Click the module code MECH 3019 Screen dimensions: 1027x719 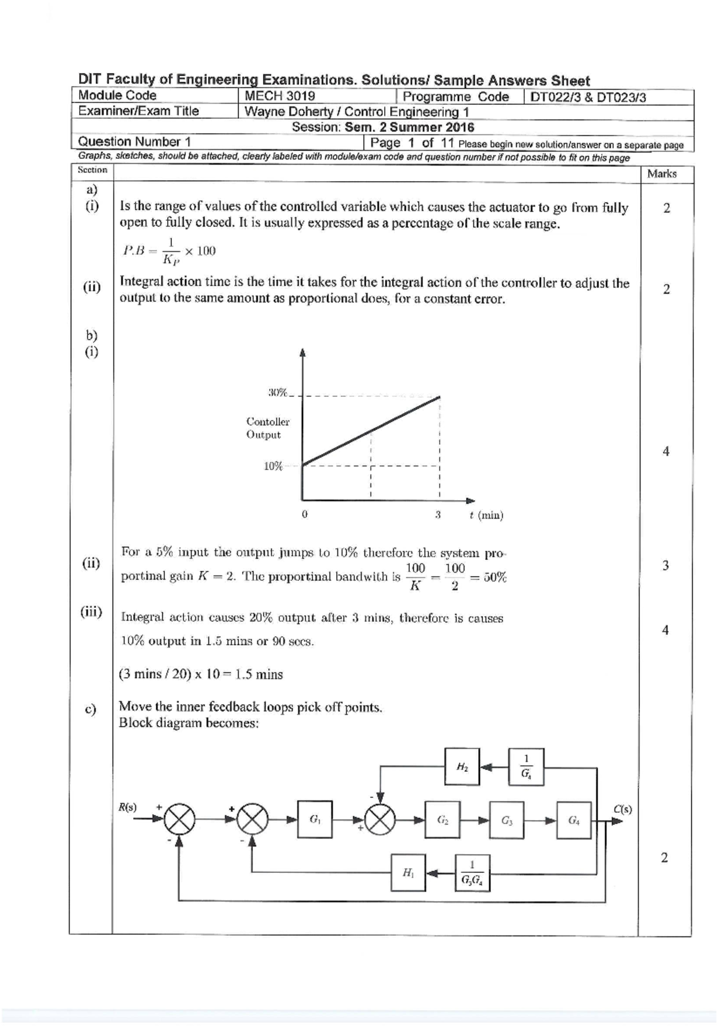(280, 96)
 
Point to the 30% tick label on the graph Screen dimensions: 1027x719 (277, 393)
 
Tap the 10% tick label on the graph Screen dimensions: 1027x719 (273, 466)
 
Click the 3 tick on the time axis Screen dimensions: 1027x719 (438, 514)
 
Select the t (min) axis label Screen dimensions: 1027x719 (487, 515)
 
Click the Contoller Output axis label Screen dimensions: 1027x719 (268, 428)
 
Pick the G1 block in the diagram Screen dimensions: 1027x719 (315, 820)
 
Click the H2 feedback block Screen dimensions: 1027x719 (462, 766)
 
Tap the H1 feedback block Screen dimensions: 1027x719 (408, 873)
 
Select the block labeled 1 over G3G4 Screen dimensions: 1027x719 (473, 873)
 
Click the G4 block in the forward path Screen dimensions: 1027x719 (573, 820)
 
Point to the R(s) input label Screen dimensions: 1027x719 (127, 807)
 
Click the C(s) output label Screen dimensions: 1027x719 (623, 809)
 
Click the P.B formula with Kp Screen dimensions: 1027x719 (170, 251)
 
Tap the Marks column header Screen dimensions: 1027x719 (661, 174)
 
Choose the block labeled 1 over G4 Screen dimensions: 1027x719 (525, 766)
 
